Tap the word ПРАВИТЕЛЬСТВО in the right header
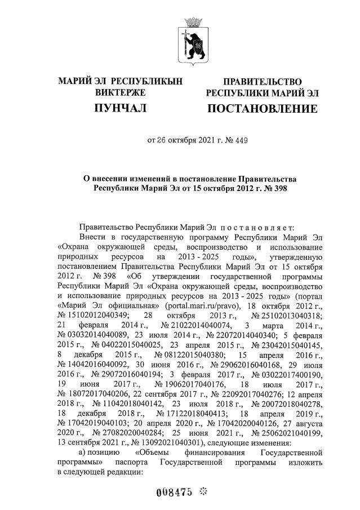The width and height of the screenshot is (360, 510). tap(262, 82)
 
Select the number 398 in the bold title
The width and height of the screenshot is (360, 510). tap(277, 188)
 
